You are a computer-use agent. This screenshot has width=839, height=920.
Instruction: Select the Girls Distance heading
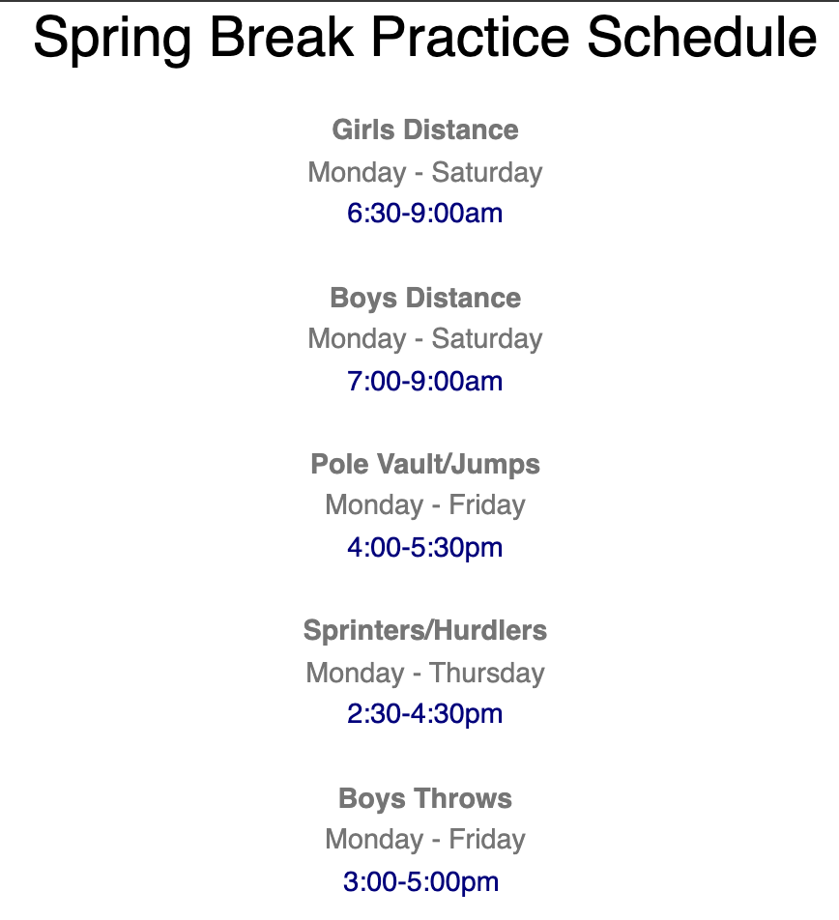tap(425, 130)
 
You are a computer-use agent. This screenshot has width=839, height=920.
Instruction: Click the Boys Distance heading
tap(425, 298)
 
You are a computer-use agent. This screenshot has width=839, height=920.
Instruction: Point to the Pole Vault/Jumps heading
tap(425, 464)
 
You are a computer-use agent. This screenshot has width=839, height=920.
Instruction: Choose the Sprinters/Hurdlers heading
tap(425, 631)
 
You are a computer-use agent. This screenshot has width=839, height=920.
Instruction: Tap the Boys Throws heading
tap(425, 798)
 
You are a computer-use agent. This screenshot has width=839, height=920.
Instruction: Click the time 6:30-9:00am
tap(425, 214)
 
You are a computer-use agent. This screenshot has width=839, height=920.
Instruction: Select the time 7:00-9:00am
tap(425, 381)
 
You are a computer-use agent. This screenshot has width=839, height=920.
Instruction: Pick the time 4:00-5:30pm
tap(425, 548)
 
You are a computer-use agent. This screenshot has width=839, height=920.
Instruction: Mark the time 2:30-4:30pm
tap(425, 714)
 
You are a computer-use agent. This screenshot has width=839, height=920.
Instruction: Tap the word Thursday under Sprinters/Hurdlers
tap(487, 673)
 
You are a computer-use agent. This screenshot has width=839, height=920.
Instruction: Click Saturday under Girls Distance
tap(487, 173)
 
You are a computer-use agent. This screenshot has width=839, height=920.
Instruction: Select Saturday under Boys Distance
tap(487, 339)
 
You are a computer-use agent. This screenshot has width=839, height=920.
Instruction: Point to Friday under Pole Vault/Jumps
tap(487, 505)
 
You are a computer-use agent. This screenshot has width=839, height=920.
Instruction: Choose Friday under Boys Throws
tap(487, 840)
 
